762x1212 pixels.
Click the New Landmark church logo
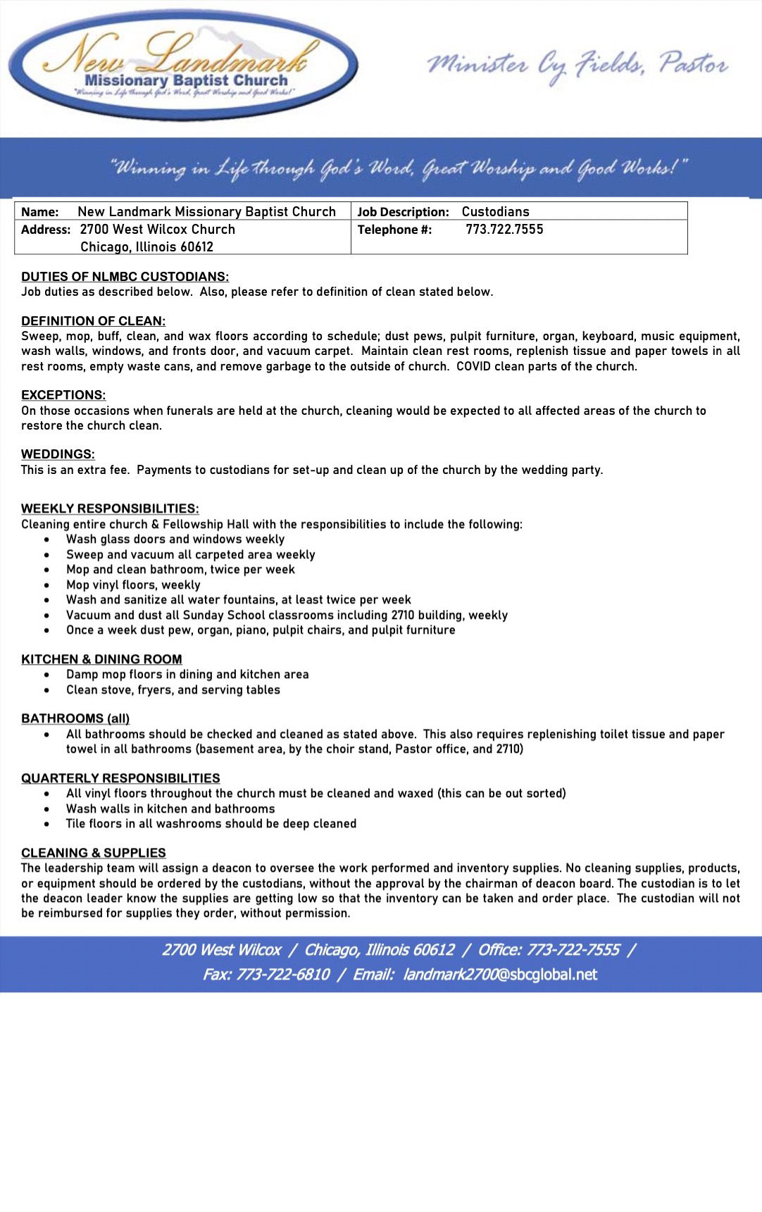pyautogui.click(x=183, y=65)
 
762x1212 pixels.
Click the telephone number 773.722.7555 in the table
pyautogui.click(x=504, y=230)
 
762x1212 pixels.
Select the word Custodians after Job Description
pyautogui.click(x=495, y=212)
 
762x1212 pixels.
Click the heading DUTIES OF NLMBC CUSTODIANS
pyautogui.click(x=125, y=277)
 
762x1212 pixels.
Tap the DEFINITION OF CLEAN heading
pyautogui.click(x=93, y=321)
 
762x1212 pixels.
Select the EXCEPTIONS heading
pyautogui.click(x=63, y=395)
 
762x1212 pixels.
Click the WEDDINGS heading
pyautogui.click(x=58, y=454)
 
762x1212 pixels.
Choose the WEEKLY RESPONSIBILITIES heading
pyautogui.click(x=110, y=508)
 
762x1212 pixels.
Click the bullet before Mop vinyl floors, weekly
pyautogui.click(x=47, y=585)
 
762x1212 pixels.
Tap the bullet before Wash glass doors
pyautogui.click(x=47, y=539)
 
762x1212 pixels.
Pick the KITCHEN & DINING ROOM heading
pyautogui.click(x=101, y=659)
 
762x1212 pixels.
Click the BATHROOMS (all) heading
pyautogui.click(x=75, y=718)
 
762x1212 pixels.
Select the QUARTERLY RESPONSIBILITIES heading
pyautogui.click(x=120, y=778)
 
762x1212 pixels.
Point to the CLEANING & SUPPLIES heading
pyautogui.click(x=94, y=853)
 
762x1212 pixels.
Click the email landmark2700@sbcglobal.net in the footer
pyautogui.click(x=500, y=975)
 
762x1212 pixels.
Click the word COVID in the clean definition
pyautogui.click(x=473, y=366)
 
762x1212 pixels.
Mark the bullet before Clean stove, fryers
pyautogui.click(x=47, y=690)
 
